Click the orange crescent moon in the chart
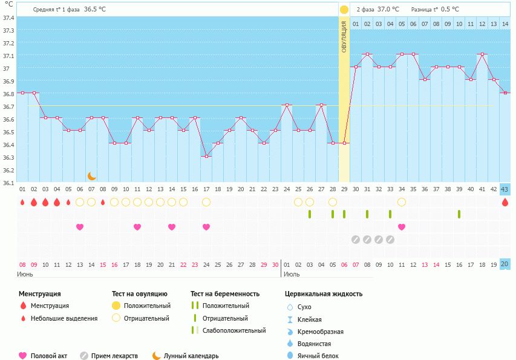92,175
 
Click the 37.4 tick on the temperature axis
9,18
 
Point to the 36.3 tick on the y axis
9,157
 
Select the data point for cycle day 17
206,156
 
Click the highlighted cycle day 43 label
505,189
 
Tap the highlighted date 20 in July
505,264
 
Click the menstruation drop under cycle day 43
505,202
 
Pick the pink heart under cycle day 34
402,227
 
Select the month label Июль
291,274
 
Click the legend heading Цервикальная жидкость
324,293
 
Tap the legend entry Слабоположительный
234,330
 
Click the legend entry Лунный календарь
191,356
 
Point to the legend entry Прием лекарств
114,356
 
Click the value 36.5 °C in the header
95,9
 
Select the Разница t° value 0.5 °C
450,9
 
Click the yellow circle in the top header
344,9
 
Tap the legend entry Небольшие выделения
64,318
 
